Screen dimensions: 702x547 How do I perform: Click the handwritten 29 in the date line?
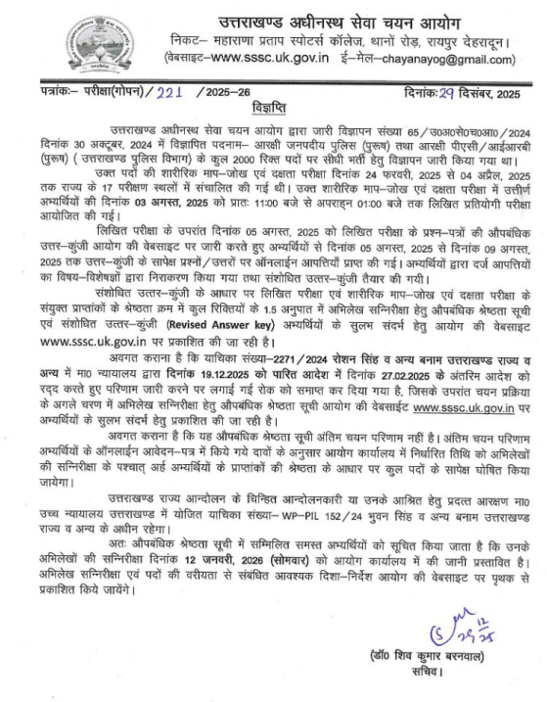(429, 90)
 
